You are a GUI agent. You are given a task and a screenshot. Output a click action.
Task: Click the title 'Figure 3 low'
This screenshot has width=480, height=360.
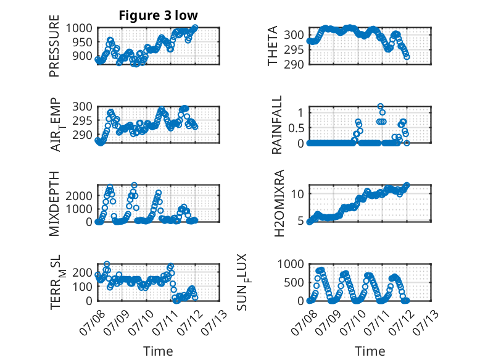159,15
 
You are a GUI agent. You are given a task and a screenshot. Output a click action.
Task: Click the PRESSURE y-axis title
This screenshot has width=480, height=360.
54,46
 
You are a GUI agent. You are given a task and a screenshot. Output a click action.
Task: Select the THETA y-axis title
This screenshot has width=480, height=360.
272,46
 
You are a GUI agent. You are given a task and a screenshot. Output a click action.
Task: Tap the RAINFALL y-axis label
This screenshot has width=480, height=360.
276,125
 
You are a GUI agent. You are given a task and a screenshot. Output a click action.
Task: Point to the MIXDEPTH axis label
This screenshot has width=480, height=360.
54,203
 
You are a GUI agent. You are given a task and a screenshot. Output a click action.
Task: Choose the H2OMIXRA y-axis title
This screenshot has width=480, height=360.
279,203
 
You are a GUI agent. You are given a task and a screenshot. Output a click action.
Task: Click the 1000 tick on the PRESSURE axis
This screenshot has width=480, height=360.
79,28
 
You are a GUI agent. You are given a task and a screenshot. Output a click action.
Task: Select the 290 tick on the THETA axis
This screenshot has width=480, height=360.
294,64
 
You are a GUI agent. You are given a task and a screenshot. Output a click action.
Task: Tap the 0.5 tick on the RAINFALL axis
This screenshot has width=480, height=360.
296,128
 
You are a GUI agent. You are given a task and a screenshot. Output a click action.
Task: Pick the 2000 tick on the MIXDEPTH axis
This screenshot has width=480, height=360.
79,196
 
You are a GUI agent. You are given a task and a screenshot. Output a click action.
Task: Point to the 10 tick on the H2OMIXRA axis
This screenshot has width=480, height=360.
297,194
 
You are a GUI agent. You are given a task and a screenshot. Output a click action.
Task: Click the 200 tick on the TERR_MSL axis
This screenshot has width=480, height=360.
82,272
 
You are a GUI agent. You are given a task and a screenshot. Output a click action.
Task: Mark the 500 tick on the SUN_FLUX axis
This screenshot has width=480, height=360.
294,282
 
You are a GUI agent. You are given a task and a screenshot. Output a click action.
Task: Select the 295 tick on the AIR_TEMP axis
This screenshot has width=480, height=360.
82,120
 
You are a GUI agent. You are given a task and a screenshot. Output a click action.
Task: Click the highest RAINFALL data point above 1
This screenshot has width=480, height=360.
381,106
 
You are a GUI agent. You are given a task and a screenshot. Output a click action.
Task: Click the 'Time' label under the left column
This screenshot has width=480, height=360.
159,351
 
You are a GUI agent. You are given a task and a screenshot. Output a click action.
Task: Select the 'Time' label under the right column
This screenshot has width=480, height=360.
370,351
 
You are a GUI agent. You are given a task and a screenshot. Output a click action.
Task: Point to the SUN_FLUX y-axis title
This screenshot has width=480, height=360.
242,282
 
